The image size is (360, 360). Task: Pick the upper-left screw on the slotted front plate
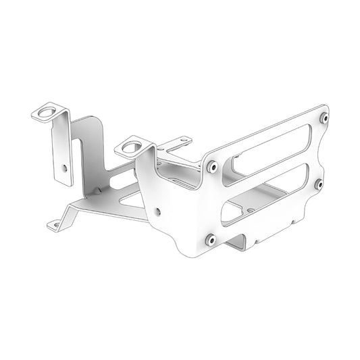click(x=213, y=166)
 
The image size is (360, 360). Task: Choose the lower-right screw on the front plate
click(x=318, y=183)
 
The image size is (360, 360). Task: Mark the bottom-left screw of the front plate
click(x=210, y=238)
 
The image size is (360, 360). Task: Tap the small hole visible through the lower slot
click(x=251, y=210)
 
